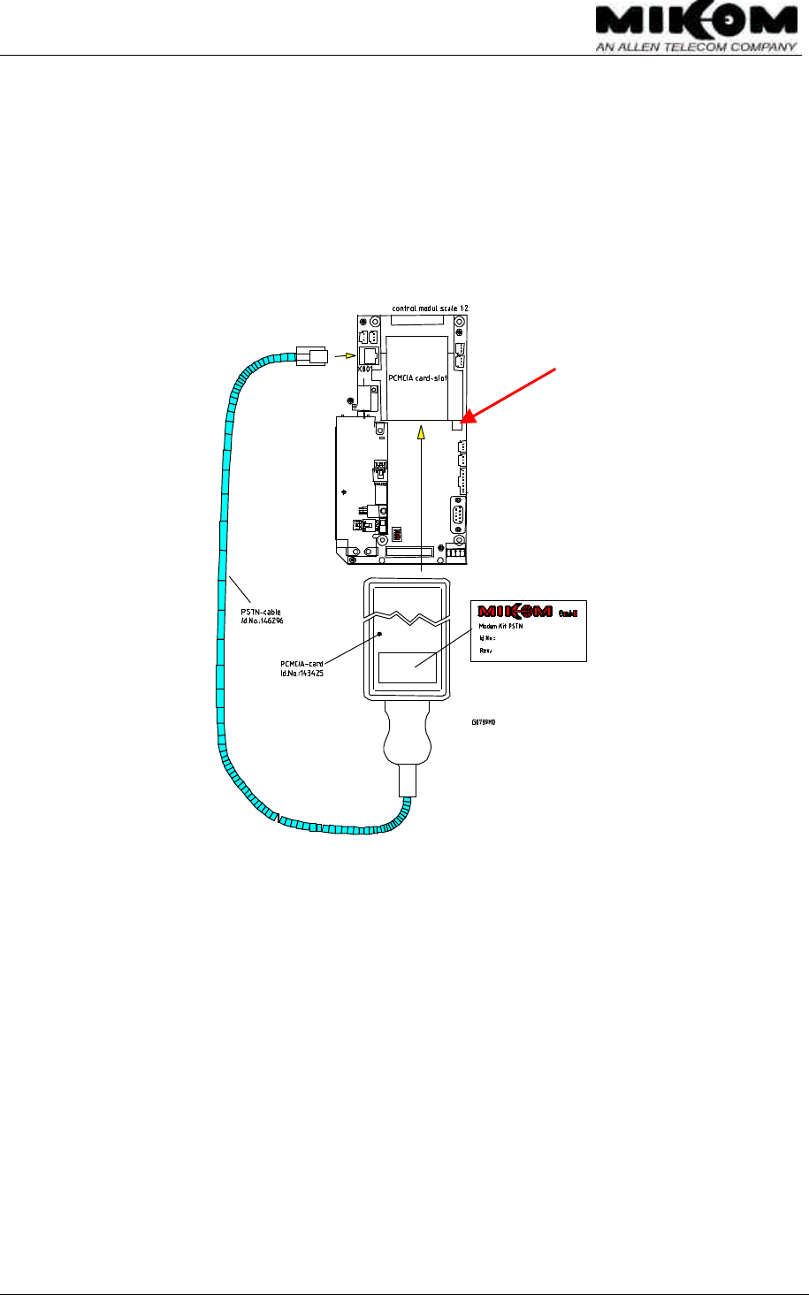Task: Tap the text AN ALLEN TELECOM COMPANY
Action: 696,48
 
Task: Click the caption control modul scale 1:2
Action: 430,308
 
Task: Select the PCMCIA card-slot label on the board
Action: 417,377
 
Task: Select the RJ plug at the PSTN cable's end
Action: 309,356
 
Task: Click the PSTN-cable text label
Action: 261,611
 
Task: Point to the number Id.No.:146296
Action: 262,621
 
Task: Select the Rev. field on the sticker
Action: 485,650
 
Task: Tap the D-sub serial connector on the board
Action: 459,514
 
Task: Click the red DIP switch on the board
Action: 398,534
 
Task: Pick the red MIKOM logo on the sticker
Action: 515,611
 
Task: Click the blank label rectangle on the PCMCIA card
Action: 407,667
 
